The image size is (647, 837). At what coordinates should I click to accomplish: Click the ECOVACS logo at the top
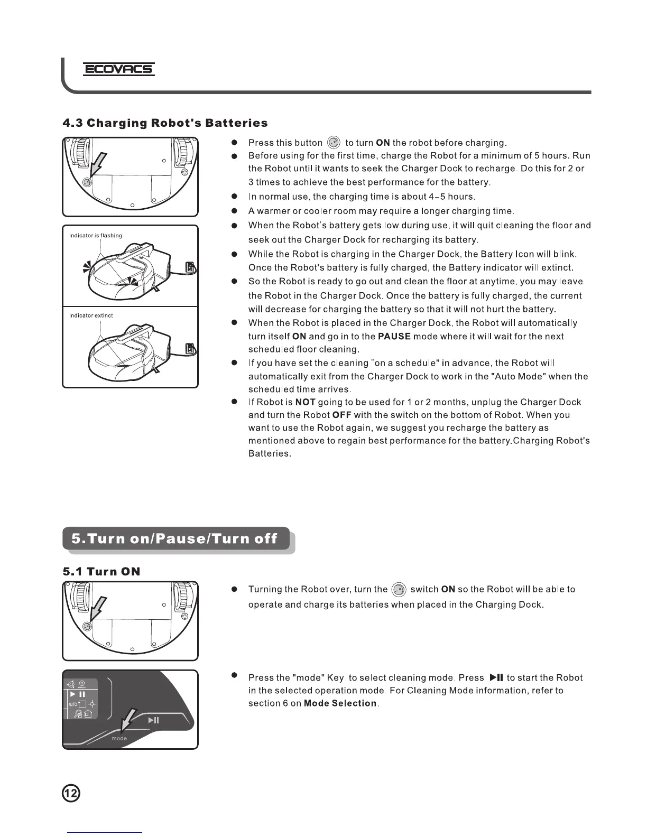(x=119, y=69)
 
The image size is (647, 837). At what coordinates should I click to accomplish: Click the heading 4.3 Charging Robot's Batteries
(x=165, y=123)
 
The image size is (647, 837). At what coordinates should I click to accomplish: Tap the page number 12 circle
(x=71, y=793)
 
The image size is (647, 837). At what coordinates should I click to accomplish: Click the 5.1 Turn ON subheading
(x=101, y=571)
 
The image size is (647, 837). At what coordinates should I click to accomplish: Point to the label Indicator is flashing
(x=96, y=236)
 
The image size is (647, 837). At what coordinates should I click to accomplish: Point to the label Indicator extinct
(x=91, y=315)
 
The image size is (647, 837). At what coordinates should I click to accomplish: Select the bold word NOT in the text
(x=306, y=402)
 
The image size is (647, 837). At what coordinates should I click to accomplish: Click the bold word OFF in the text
(x=342, y=415)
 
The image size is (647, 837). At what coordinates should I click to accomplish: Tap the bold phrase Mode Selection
(x=340, y=703)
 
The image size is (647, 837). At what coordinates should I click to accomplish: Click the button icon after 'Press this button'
(x=334, y=143)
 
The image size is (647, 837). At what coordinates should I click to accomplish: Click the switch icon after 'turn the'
(x=399, y=590)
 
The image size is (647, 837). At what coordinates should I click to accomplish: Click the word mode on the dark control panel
(x=119, y=738)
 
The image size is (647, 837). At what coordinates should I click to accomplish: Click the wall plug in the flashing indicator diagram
(x=190, y=268)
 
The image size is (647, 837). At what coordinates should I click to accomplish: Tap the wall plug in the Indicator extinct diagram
(x=190, y=349)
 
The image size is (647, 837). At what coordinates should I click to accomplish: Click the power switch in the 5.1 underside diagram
(x=88, y=626)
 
